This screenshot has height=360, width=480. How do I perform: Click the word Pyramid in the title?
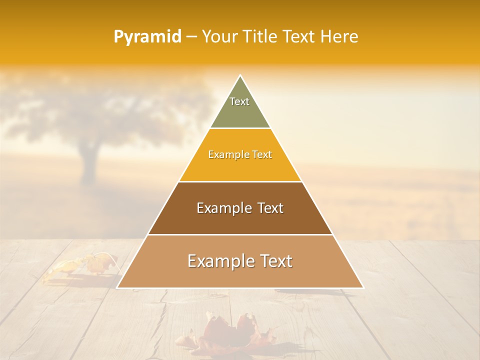[x=147, y=37]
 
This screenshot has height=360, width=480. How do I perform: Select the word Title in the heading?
[x=260, y=36]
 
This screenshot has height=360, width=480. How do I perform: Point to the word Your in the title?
[x=218, y=36]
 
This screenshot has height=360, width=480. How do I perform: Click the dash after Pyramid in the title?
[x=191, y=37]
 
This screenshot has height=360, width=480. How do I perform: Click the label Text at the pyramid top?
[x=239, y=101]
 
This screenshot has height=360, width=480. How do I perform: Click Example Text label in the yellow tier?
[x=240, y=154]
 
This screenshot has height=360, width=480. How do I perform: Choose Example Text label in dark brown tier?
[x=240, y=208]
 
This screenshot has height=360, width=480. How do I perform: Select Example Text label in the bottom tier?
[x=240, y=261]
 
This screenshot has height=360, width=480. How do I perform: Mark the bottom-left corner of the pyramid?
[x=117, y=287]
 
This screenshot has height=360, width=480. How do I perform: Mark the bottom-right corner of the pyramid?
[x=363, y=287]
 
